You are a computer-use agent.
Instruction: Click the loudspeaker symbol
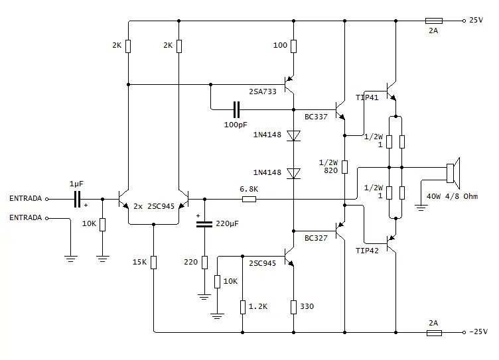click(453, 173)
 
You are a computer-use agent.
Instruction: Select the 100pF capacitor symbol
click(236, 109)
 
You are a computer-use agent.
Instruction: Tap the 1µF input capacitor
click(77, 199)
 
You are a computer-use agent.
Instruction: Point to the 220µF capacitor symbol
click(204, 224)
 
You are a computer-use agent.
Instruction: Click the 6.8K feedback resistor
click(249, 199)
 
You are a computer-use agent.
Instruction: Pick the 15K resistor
click(153, 263)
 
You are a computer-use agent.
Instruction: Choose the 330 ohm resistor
click(293, 307)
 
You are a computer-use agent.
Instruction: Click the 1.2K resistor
click(242, 307)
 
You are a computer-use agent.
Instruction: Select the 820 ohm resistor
click(344, 167)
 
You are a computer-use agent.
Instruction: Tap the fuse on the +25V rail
click(434, 21)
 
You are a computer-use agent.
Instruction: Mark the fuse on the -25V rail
click(434, 333)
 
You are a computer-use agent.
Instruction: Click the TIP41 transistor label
click(367, 97)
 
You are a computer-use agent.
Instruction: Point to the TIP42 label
click(367, 251)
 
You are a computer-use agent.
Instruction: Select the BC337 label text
click(316, 117)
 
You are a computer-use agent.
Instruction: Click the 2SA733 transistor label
click(263, 91)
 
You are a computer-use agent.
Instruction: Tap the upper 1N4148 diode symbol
click(293, 135)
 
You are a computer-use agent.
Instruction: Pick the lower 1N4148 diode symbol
click(293, 173)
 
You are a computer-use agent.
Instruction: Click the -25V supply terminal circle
click(464, 333)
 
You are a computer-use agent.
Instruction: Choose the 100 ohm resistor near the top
click(293, 46)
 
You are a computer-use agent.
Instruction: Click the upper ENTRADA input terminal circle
click(46, 199)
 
